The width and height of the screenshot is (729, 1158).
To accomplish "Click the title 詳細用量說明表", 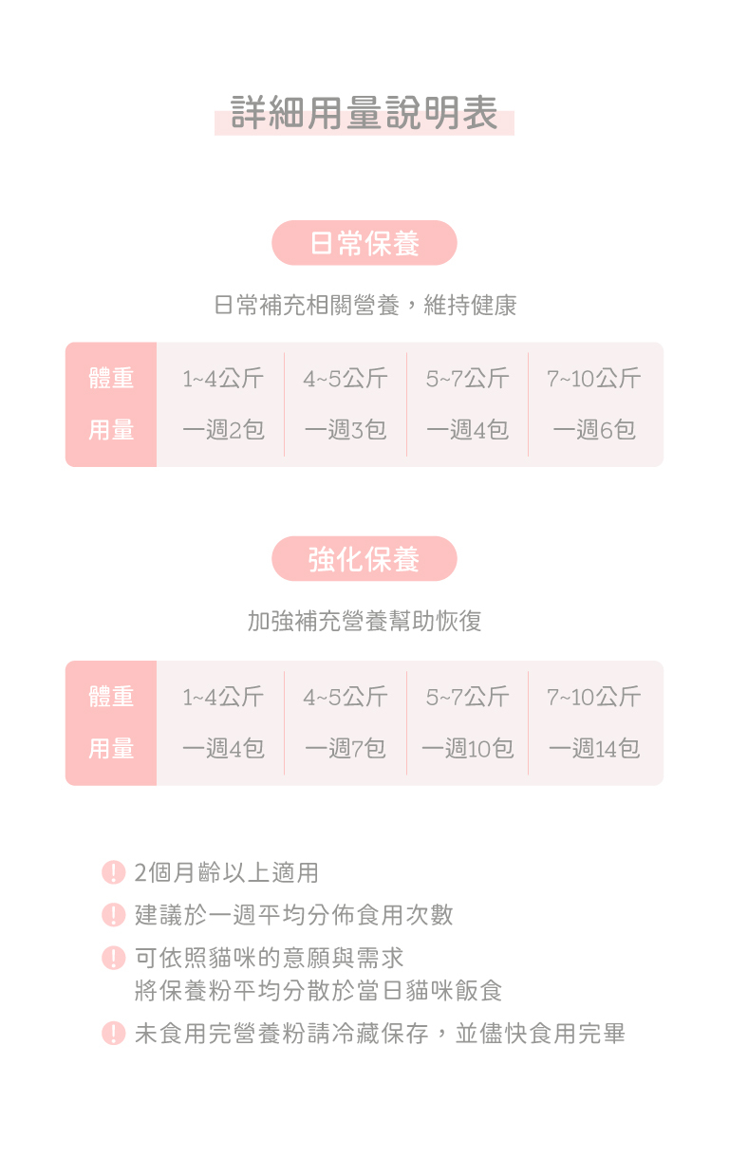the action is pos(364,114).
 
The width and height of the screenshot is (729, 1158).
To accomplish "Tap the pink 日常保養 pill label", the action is pos(364,243).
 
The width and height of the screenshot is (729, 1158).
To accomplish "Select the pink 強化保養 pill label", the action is pos(364,559).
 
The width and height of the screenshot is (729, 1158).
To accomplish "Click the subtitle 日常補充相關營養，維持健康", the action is pos(364,306).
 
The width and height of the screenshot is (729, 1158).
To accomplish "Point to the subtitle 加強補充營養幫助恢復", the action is pos(364,622).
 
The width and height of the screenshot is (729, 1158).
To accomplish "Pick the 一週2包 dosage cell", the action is pos(223,430).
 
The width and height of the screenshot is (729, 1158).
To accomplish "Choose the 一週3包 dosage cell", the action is pos(346,430).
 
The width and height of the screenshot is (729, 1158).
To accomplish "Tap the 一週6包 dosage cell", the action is pos(594,430).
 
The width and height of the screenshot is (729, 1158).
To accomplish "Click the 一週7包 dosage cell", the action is pos(346,749).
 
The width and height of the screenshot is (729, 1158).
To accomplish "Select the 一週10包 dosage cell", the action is pos(467,749).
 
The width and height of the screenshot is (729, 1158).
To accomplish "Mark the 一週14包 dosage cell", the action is pos(594,749).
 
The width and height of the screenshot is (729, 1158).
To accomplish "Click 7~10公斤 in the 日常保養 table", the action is pos(594,379).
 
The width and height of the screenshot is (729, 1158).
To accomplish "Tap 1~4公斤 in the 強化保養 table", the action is pos(223,698).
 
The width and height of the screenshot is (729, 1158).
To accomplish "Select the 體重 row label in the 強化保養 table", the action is pos(111,698).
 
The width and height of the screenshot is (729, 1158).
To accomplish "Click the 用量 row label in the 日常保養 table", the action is pos(111,430).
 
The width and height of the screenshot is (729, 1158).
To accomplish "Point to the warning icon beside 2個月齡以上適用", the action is pos(114,872).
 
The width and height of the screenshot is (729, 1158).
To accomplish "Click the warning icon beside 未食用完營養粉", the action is pos(114,1034).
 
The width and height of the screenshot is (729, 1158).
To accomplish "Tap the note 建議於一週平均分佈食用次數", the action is pos(294,915).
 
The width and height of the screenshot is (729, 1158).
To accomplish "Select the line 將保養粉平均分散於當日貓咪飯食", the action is pos(319,991).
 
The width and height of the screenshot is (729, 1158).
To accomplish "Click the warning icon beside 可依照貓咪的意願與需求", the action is pos(114,958).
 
